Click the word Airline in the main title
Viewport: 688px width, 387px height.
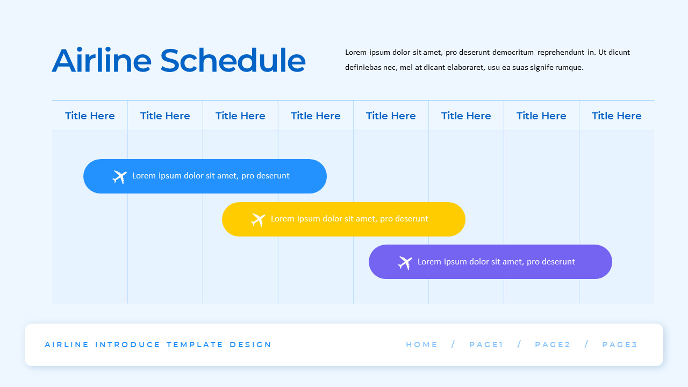coord(102,60)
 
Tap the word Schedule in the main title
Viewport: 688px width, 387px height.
coord(233,60)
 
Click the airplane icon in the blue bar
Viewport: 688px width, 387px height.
coord(119,176)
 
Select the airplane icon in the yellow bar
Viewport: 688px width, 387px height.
coord(258,219)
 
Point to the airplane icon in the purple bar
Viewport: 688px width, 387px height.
coord(405,262)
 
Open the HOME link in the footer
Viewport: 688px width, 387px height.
coord(422,345)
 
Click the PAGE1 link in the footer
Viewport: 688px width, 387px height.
coord(486,345)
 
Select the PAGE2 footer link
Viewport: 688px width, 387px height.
coord(553,345)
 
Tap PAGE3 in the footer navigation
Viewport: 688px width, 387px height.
coord(619,345)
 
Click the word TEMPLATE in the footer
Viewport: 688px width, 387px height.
coord(195,345)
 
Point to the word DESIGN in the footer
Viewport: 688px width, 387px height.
coord(250,345)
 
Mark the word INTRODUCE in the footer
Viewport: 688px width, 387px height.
coord(128,345)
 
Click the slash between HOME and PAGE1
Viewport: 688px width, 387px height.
coord(453,345)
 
